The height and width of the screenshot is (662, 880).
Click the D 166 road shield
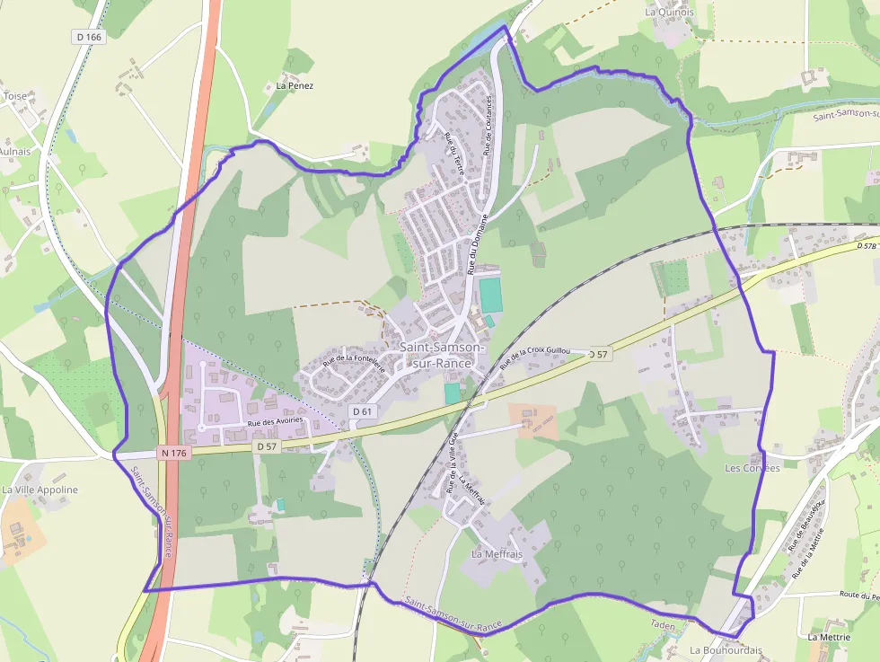coord(89,37)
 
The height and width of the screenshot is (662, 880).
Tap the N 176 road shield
coord(174,453)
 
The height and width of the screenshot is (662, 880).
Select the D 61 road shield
coord(362,410)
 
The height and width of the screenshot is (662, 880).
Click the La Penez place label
coord(295,86)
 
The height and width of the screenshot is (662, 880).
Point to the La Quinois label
coord(669,13)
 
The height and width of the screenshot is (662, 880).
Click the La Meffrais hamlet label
coord(497,554)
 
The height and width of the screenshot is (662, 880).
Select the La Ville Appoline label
coord(40,490)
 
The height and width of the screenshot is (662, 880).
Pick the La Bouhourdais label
coord(726,649)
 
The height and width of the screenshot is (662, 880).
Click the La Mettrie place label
coord(828,637)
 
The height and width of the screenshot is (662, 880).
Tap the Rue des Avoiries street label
coord(276,420)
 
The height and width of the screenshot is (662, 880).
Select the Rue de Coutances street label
coord(489,126)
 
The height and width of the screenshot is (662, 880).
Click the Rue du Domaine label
coord(475,243)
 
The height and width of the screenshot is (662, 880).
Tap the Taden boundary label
coord(662,624)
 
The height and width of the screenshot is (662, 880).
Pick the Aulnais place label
coord(13,152)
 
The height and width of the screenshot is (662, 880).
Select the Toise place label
coord(15,95)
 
